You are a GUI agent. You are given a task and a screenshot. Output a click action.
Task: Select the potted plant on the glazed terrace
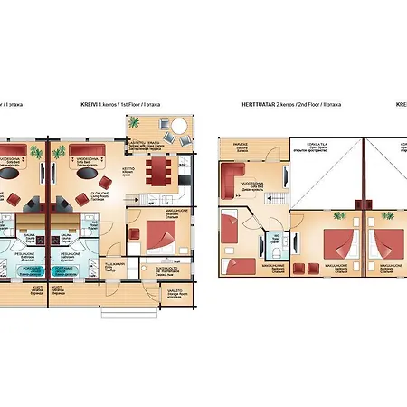[x=165, y=124]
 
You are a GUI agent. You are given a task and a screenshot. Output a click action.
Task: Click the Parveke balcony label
[x=241, y=144]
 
